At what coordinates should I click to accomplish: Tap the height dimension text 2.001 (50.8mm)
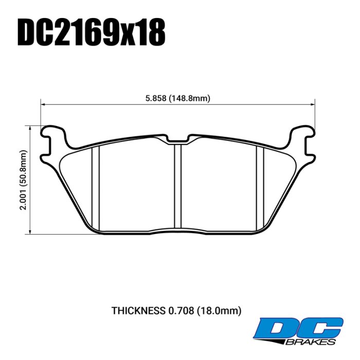pos(23,180)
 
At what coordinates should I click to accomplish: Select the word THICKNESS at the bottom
pos(138,311)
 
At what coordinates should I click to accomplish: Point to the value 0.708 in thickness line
pos(179,311)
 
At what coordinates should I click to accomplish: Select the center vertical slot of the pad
pos(177,185)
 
